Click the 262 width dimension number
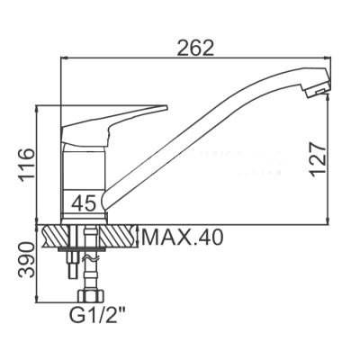coord(195,48)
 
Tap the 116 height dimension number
coord(27,165)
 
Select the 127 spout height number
coord(318,159)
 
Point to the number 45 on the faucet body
coord(84,202)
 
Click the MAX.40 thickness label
coord(183,238)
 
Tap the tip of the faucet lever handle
coord(166,107)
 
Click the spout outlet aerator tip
coord(319,91)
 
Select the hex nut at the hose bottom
coord(91,296)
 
